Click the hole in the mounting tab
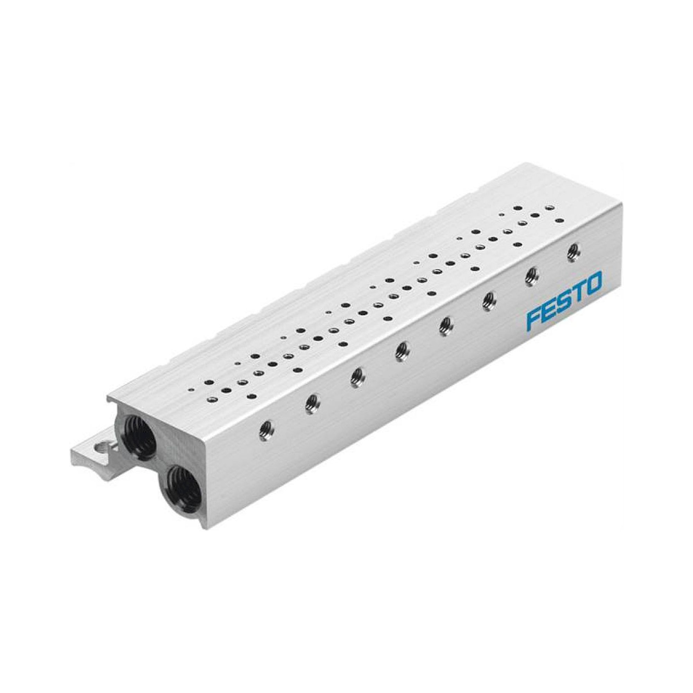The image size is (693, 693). tap(101, 446)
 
